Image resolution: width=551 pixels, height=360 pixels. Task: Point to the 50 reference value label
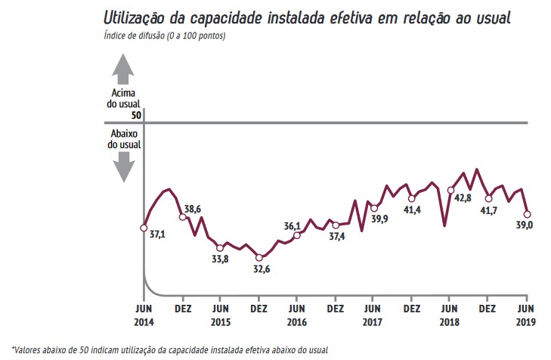click(136, 116)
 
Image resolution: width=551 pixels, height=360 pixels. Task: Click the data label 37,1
click(158, 235)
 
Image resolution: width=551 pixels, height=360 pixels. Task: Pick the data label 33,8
click(220, 259)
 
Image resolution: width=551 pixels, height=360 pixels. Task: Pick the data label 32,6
click(261, 269)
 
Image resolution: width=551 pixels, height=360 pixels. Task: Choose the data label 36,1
click(293, 225)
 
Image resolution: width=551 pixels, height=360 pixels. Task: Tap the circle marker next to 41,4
click(411, 198)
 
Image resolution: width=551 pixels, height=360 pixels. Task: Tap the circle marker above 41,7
click(489, 199)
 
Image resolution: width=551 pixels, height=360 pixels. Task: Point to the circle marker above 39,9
click(373, 208)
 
